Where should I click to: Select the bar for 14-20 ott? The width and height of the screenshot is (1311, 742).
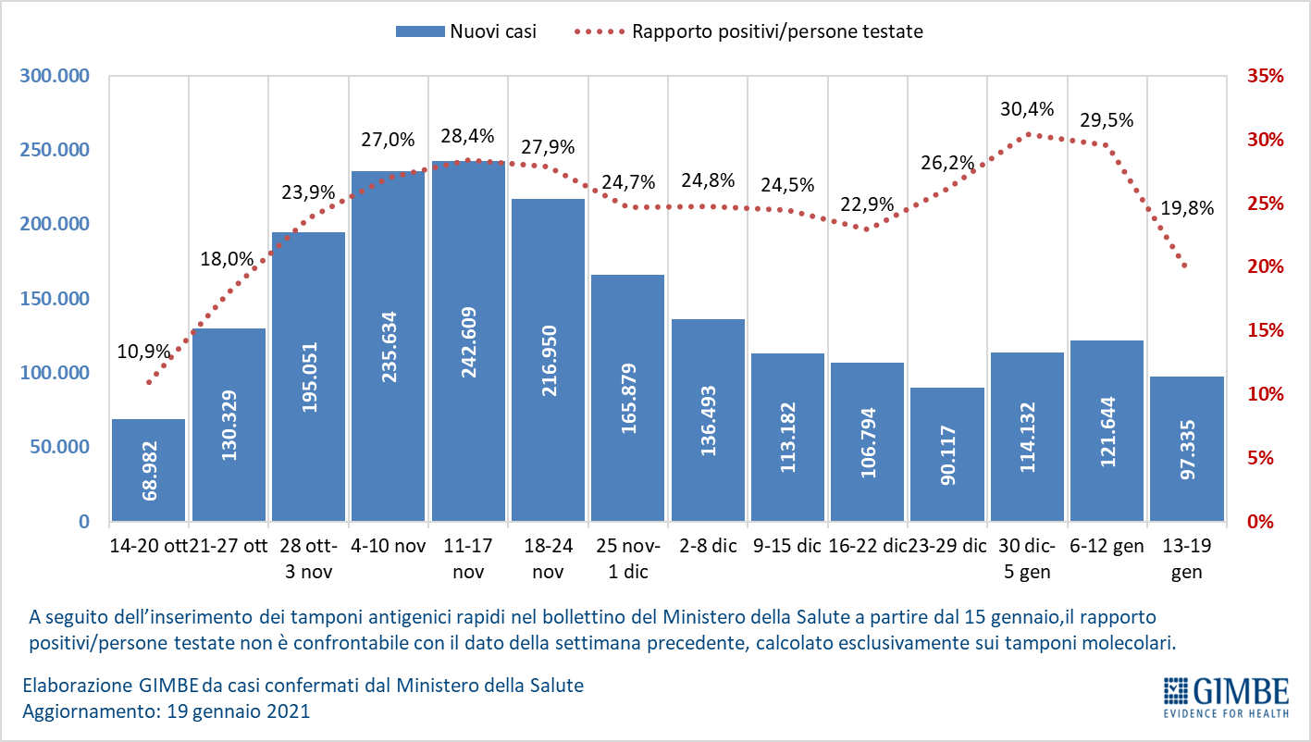(148, 470)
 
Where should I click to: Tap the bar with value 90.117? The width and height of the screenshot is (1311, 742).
(946, 454)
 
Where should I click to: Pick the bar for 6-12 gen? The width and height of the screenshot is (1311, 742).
(1107, 431)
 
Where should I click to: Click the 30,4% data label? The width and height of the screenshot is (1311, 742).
(1027, 109)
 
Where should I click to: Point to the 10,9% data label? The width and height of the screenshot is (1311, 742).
(143, 352)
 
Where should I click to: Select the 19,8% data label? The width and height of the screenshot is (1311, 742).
(1186, 208)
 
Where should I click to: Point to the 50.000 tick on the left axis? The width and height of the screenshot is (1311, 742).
(56, 447)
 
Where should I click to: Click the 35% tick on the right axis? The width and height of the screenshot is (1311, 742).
(1265, 76)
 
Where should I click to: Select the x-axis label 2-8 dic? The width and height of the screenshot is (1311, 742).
(707, 546)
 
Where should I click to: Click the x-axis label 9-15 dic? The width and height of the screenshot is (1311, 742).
(786, 546)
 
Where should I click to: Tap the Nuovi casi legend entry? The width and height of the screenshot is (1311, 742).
(466, 31)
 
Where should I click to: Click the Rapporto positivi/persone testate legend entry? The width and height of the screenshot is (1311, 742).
(749, 31)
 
